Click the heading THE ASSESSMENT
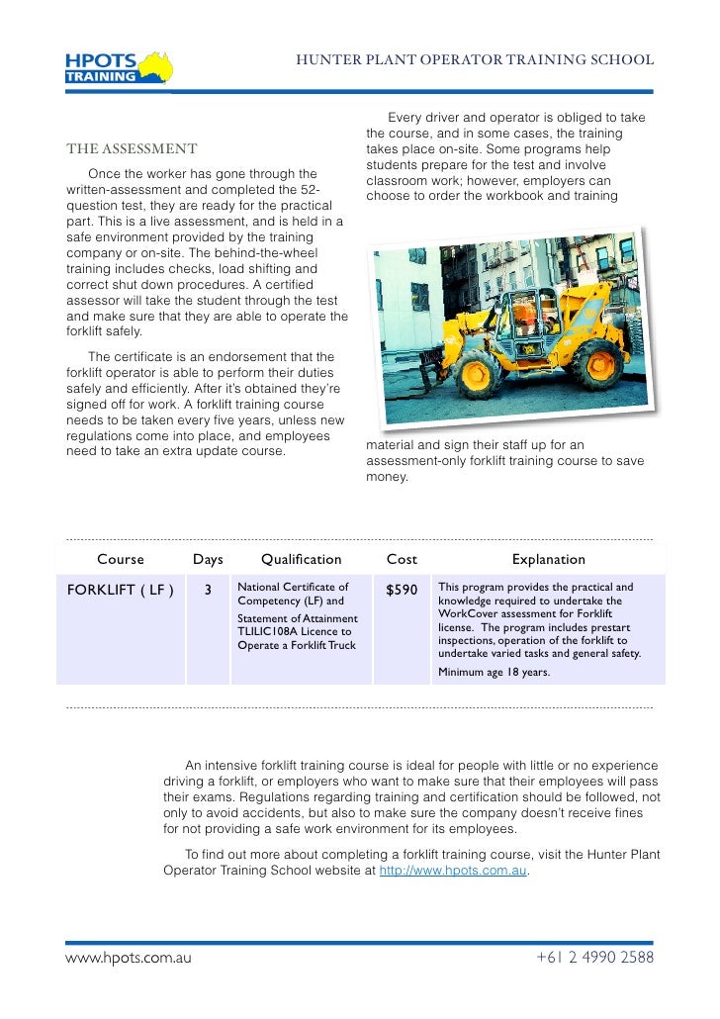click(132, 149)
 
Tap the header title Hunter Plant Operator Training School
click(475, 59)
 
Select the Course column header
click(121, 559)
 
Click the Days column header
click(208, 559)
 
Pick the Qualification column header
click(301, 559)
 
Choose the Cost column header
click(402, 559)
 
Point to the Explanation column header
click(548, 559)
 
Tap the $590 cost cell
click(402, 591)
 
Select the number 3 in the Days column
click(208, 591)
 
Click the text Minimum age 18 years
click(495, 673)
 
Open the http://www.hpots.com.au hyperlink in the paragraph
click(453, 872)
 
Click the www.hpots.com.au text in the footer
click(128, 958)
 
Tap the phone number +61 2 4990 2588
click(594, 958)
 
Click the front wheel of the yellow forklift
click(479, 375)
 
